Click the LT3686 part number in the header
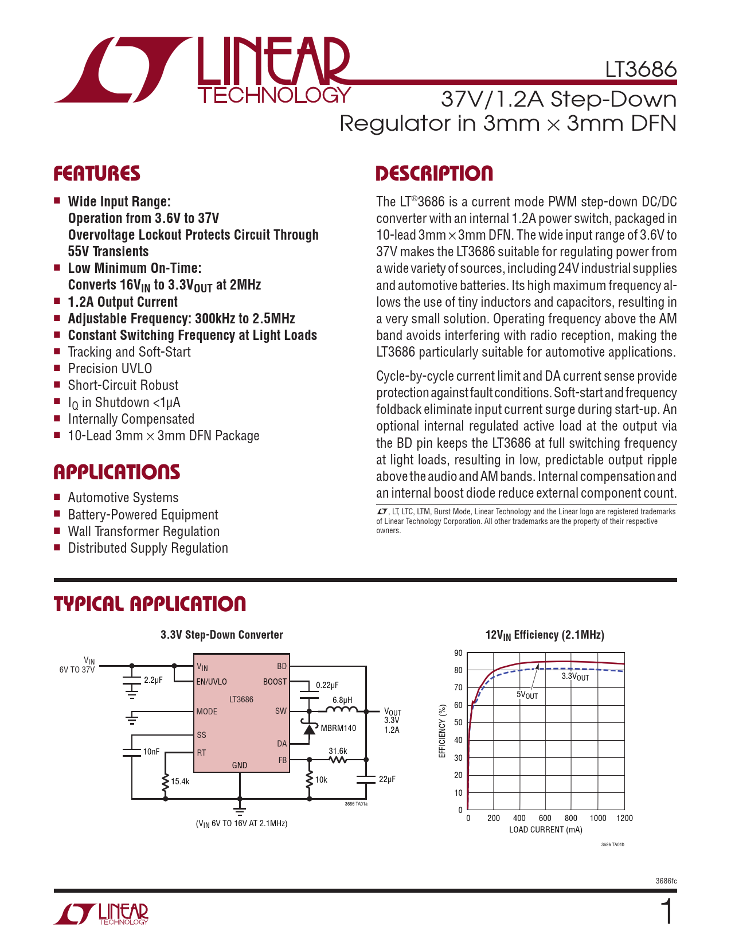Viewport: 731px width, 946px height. point(640,69)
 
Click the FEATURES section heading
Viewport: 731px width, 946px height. point(97,174)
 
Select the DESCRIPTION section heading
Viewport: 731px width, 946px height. point(434,174)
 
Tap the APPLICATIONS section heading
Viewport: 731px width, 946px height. point(117,472)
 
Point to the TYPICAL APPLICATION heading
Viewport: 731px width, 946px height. point(150,604)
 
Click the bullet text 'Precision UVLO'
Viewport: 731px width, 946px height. point(110,369)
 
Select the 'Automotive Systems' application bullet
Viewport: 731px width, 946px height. point(123,498)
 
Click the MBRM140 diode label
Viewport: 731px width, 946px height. point(338,728)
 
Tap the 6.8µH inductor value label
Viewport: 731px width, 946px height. point(342,700)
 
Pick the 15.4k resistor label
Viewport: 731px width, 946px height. point(180,781)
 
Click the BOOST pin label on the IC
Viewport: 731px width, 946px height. point(275,682)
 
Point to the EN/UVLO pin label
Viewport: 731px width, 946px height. point(212,682)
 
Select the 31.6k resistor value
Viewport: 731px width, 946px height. point(338,751)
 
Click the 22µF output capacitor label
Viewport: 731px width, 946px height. point(387,779)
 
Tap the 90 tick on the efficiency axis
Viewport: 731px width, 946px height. point(458,653)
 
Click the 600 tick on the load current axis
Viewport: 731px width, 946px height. point(545,818)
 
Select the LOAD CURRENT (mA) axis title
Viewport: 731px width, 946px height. point(545,830)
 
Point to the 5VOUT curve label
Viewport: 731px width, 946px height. point(527,695)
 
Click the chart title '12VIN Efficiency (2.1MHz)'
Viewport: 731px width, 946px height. point(545,635)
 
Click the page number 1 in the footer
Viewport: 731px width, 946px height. point(667,912)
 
